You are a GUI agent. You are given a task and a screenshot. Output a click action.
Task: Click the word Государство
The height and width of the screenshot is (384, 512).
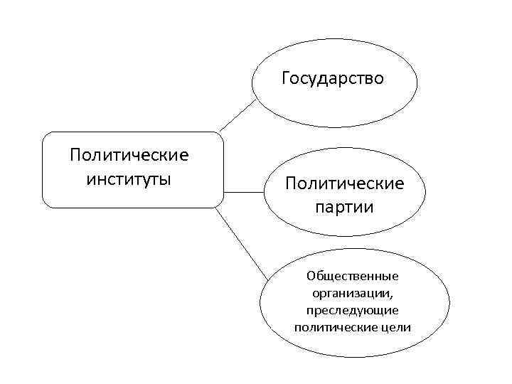[x=332, y=78]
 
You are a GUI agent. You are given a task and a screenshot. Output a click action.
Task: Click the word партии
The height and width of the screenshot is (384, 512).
[x=344, y=207]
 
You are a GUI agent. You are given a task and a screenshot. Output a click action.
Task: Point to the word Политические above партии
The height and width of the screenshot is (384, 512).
[x=344, y=183]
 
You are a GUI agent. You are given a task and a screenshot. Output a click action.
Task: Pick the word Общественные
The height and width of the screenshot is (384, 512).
[x=353, y=276]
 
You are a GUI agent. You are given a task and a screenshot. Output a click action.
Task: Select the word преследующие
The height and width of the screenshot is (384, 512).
[x=353, y=310]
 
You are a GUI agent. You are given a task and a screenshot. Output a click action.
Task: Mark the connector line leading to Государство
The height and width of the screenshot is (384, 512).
[x=237, y=113]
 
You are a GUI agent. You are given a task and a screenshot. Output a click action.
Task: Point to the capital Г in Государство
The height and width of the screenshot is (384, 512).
[x=286, y=78]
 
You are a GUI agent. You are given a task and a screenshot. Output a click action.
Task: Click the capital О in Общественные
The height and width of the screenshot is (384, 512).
[x=311, y=276]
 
